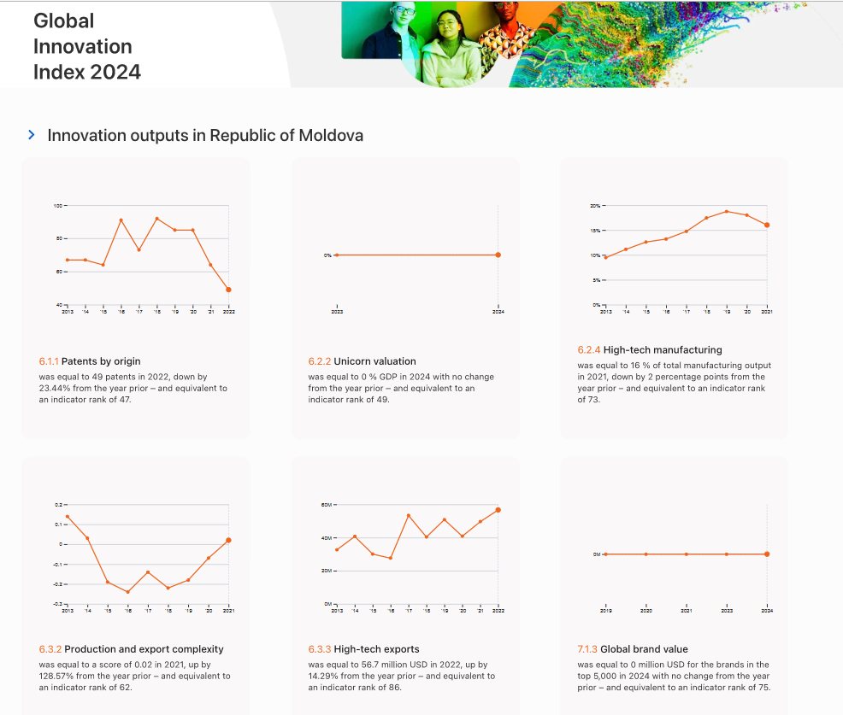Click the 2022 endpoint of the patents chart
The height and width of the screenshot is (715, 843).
(228, 290)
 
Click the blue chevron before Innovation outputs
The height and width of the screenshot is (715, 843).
(32, 135)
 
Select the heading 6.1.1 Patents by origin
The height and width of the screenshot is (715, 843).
(90, 362)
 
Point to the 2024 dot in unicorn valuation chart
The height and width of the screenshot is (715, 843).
(498, 255)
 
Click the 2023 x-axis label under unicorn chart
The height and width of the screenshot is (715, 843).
(337, 313)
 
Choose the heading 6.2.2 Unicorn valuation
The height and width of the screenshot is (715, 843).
(362, 362)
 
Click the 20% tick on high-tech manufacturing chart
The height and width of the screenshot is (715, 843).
(596, 206)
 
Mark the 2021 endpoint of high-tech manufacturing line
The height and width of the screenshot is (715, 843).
(767, 226)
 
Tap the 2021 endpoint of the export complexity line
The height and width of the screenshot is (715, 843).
(228, 540)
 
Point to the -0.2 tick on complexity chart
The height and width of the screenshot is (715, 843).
(58, 584)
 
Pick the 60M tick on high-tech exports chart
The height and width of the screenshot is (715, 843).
(327, 505)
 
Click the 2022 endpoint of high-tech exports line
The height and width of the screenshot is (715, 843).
(498, 510)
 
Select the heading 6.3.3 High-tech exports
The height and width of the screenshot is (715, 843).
(363, 649)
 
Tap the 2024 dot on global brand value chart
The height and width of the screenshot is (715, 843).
(767, 554)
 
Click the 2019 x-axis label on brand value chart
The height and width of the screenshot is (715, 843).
(605, 612)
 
